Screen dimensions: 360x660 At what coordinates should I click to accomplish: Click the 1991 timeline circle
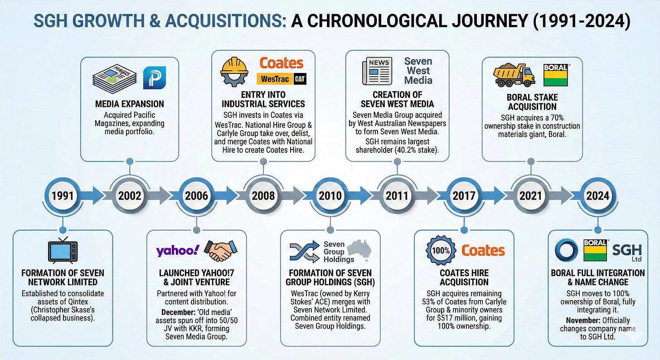pos(63,195)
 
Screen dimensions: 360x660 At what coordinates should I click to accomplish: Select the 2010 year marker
pos(330,195)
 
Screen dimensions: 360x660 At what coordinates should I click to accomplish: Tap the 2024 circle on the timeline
pos(597,195)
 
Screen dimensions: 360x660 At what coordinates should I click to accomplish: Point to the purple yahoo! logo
pos(177,251)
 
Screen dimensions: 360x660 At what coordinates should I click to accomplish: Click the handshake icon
pos(221,251)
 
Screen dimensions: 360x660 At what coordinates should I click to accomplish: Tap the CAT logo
pos(300,79)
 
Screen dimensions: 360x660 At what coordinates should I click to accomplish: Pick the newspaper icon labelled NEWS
pos(377,72)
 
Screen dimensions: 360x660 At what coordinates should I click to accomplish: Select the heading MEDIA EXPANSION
pos(130,104)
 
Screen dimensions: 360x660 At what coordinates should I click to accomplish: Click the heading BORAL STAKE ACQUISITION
pos(532,102)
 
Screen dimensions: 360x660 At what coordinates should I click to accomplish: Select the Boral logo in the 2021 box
pos(556,75)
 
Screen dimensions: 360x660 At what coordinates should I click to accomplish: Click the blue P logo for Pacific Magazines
pos(154,78)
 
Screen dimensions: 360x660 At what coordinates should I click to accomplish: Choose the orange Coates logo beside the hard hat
pos(281,63)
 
